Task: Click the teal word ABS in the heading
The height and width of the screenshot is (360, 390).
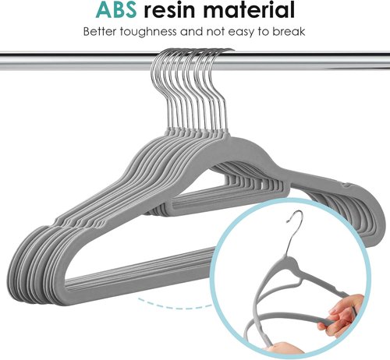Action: point(115,9)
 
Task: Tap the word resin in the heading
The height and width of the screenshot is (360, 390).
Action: point(169,9)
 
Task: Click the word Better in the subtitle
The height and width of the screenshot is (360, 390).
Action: point(100,32)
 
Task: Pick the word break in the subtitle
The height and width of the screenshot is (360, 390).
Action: point(289,32)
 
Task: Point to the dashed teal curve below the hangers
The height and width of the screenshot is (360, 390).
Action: point(175,305)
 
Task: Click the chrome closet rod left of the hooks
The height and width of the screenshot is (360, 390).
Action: point(76,62)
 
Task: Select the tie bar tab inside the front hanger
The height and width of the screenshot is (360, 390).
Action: point(229,200)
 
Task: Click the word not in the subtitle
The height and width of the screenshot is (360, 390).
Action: point(216,32)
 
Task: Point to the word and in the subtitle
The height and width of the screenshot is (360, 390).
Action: point(192,32)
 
